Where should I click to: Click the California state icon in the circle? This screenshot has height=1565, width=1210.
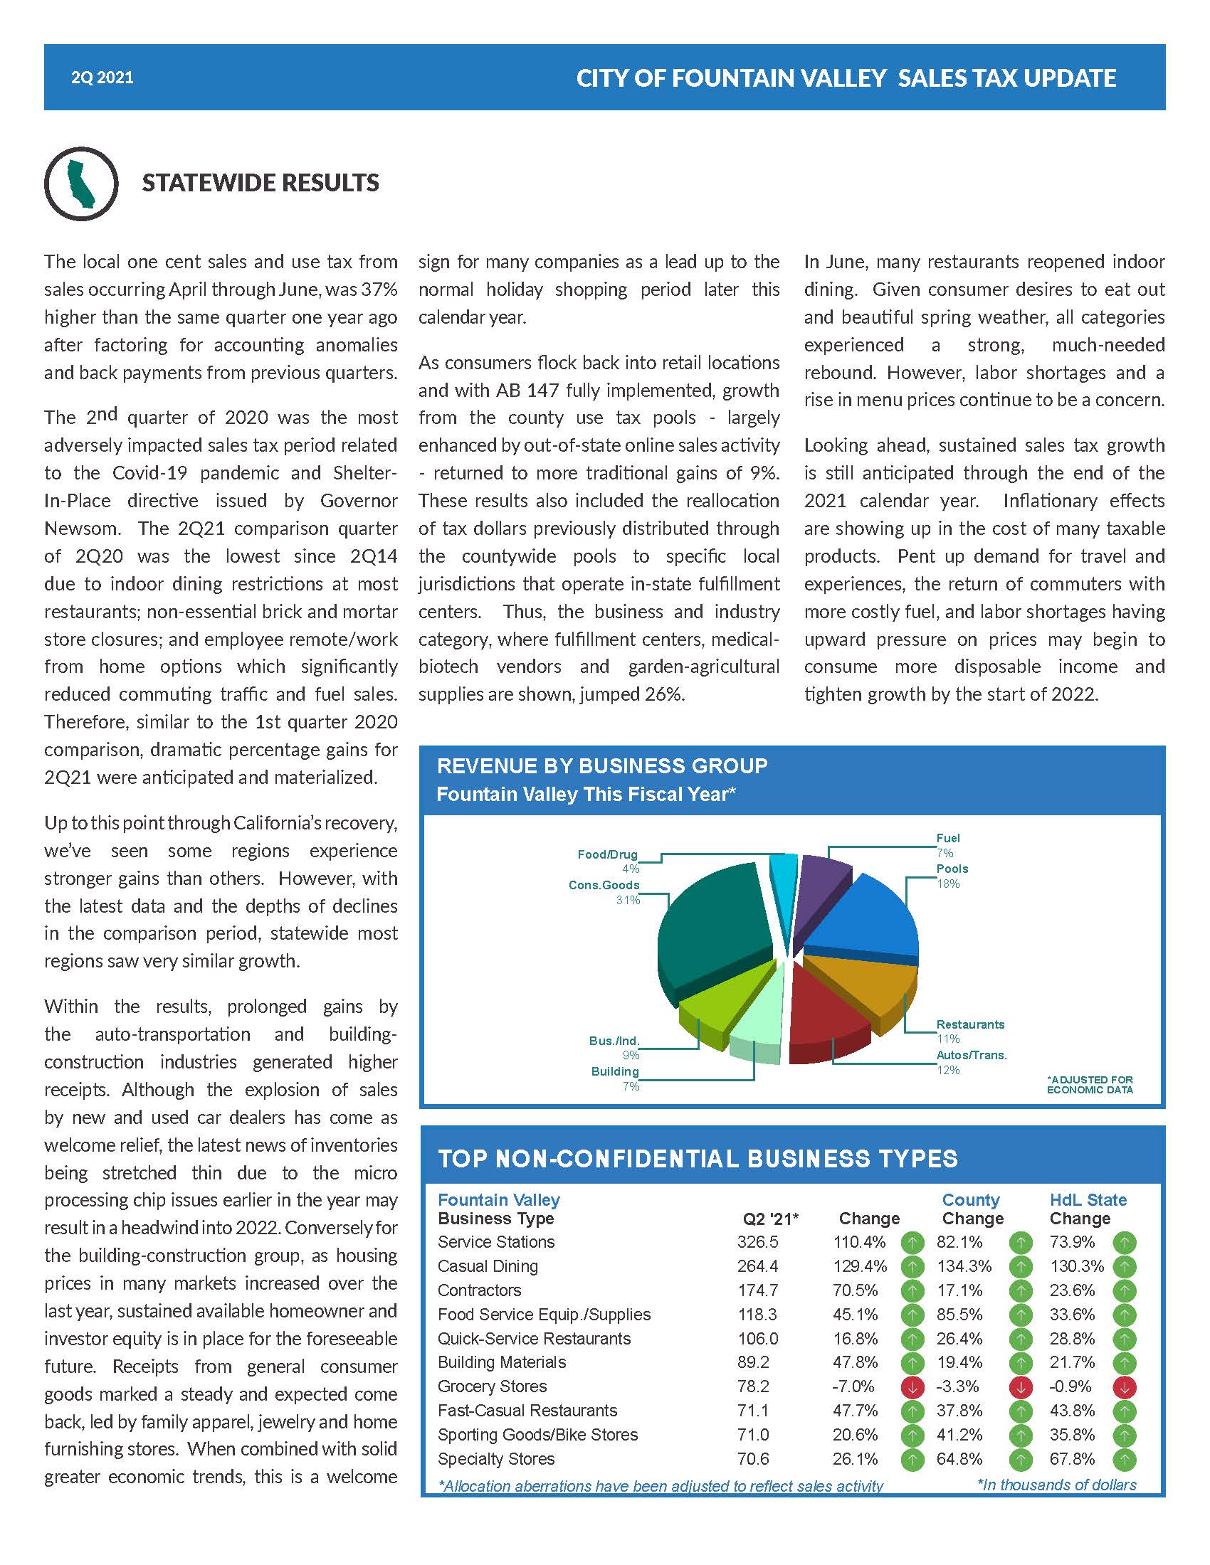click(x=80, y=184)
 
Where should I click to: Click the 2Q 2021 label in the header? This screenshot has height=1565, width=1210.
click(x=102, y=78)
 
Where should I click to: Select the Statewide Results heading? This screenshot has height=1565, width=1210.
click(x=261, y=183)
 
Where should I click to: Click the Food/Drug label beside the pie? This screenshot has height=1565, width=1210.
click(x=607, y=854)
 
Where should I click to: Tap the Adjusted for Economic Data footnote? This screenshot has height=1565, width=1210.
click(x=1090, y=1085)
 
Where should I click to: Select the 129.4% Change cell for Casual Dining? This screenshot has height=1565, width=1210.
click(x=859, y=1266)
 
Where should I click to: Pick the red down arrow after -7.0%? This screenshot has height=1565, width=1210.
click(x=912, y=1387)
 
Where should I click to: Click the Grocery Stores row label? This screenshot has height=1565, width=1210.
click(x=492, y=1386)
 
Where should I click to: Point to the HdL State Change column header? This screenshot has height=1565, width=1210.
click(x=1088, y=1209)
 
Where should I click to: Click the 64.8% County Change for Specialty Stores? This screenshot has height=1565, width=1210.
click(x=959, y=1459)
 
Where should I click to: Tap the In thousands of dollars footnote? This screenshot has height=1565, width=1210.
click(x=1056, y=1485)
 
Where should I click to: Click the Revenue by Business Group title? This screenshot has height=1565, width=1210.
click(x=601, y=766)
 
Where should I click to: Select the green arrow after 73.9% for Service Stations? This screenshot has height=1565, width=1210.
click(x=1124, y=1242)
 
